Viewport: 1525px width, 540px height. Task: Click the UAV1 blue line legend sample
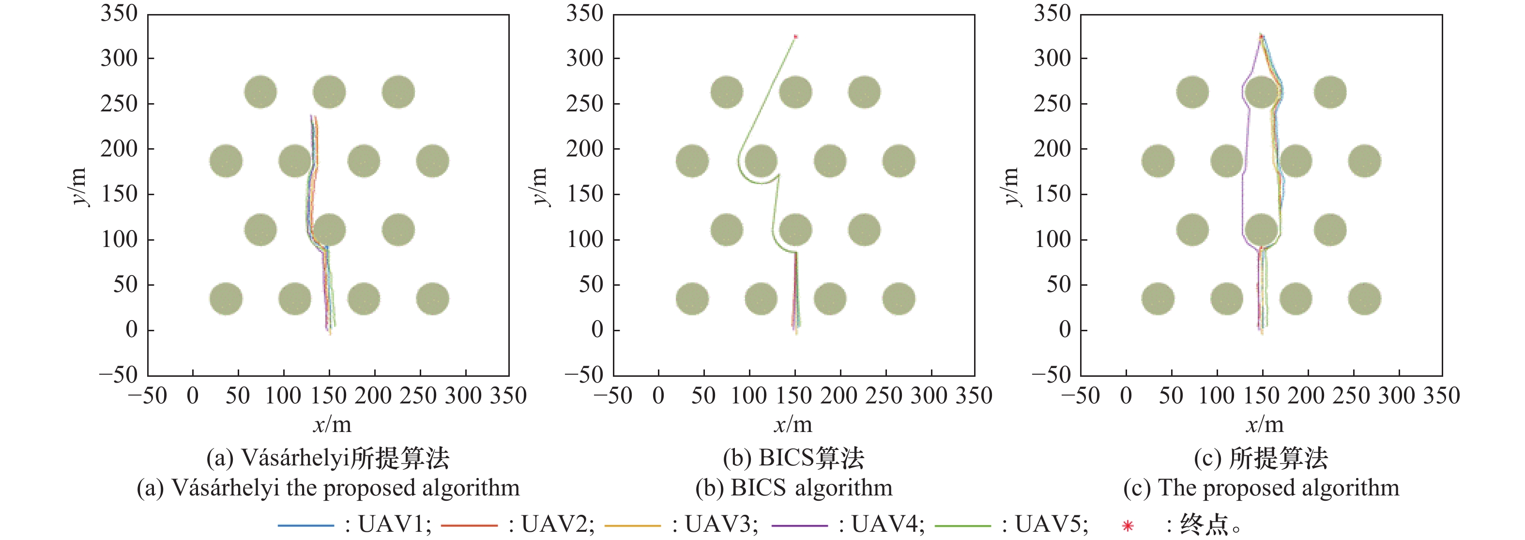305,525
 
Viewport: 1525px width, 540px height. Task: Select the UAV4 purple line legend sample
800,525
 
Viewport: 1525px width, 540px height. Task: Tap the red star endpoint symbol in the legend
1128,525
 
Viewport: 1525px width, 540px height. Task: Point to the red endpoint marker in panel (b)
795,37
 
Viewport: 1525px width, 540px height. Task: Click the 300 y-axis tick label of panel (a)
119,59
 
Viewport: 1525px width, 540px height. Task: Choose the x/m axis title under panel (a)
332,424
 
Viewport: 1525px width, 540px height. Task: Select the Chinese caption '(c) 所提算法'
1261,458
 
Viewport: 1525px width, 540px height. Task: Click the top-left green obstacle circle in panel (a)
260,92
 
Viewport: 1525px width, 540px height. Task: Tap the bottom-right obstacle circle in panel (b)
899,298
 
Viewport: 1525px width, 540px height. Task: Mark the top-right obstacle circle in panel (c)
1330,92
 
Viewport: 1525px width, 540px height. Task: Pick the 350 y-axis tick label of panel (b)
584,13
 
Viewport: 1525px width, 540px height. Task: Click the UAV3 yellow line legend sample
632,525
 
